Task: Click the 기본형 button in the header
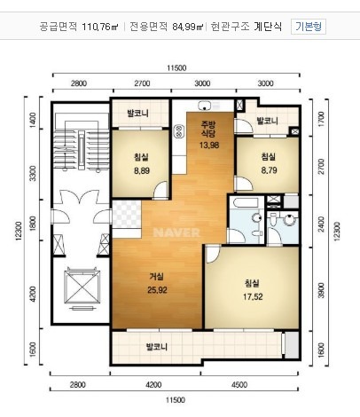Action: [309, 27]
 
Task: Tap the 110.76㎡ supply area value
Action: [100, 27]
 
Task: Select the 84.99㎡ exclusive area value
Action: [188, 27]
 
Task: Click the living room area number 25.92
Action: [157, 290]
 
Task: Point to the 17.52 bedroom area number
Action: [253, 296]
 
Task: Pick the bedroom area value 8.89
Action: [142, 170]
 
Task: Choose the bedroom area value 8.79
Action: [269, 170]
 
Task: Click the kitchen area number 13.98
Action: [209, 145]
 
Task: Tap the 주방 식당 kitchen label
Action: [208, 129]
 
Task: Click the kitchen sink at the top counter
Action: [205, 105]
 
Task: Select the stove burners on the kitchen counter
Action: [180, 131]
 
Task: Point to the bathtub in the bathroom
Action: [246, 202]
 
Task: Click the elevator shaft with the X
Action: [82, 287]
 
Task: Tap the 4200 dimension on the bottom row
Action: [154, 385]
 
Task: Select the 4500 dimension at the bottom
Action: [239, 385]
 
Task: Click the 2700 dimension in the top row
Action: [142, 83]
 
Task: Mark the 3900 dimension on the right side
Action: [321, 290]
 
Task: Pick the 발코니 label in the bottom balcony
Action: [157, 346]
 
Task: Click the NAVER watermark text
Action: [176, 232]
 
